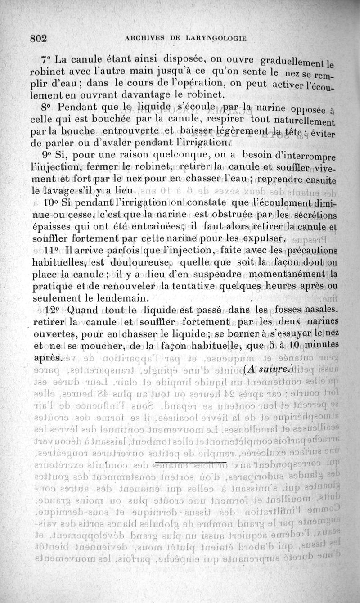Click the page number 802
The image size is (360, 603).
click(x=39, y=38)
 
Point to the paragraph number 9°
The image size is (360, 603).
click(x=45, y=157)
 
